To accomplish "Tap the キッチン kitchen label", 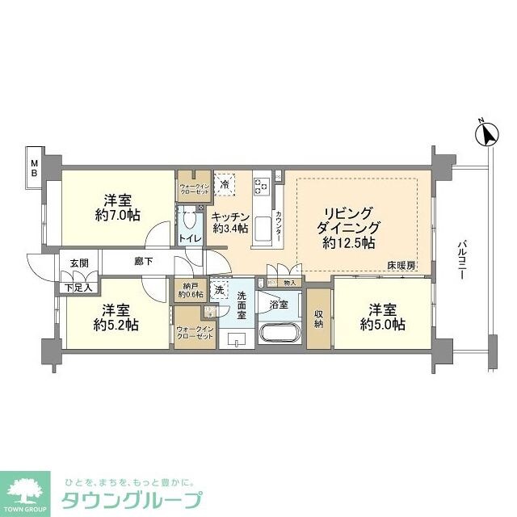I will pos(229,217).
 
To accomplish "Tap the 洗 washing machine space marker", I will pos(219,289).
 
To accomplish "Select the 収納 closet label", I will pos(318,317).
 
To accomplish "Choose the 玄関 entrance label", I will pos(78,263).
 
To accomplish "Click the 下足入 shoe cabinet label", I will pos(78,287).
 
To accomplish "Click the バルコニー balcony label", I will pos(462,259).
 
